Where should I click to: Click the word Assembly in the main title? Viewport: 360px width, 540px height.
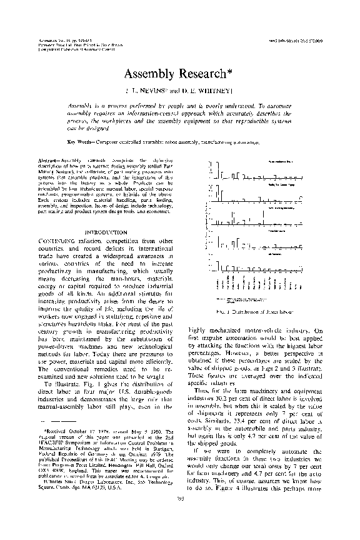(x=146, y=75)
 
